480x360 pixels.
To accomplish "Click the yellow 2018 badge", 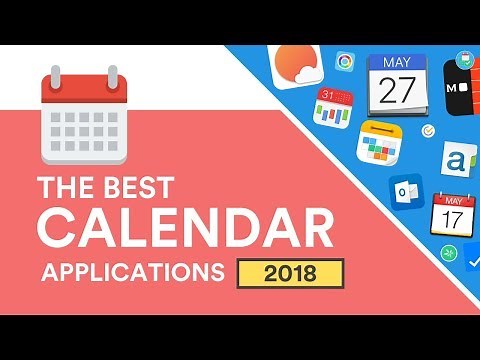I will point(290,272).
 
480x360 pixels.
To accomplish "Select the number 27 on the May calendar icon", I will point(398,91).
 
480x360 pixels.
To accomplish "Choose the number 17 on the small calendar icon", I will point(451,216).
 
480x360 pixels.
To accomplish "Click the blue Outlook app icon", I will point(405,191).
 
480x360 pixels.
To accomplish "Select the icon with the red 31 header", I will point(333,107).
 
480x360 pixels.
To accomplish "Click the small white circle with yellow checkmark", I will point(429,131).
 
